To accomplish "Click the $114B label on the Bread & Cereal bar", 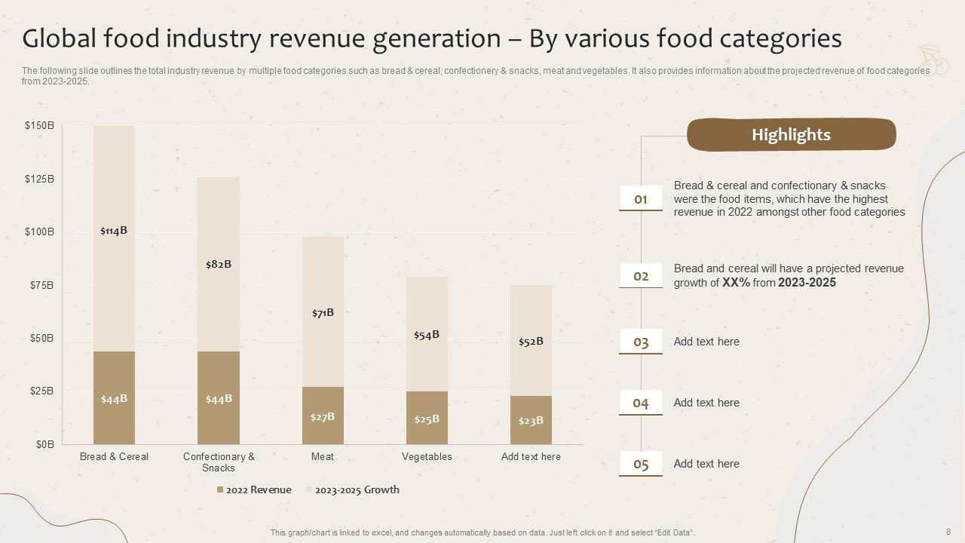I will click(x=114, y=231).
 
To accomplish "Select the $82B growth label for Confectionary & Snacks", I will click(x=219, y=264).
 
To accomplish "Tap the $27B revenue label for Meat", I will click(x=323, y=416).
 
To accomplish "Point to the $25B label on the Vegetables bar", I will click(x=427, y=419).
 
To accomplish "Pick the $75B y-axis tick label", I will click(x=42, y=285).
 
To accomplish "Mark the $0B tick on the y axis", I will click(x=45, y=444).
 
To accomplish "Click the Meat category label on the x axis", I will click(x=323, y=456).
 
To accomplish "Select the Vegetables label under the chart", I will click(x=427, y=456).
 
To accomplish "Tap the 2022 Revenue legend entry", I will click(x=254, y=489).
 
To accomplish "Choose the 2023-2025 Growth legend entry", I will click(x=357, y=489).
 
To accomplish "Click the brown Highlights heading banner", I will click(x=791, y=135).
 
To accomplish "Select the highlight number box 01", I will click(x=641, y=199).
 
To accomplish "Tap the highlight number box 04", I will click(x=641, y=403).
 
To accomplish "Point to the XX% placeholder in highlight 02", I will click(x=735, y=283).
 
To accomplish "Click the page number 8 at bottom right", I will click(x=948, y=531).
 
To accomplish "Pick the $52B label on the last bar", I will click(x=531, y=342).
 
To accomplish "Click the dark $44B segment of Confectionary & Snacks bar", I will click(x=219, y=398).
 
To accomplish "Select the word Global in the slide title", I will click(x=60, y=38).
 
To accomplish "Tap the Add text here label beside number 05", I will click(x=706, y=464).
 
